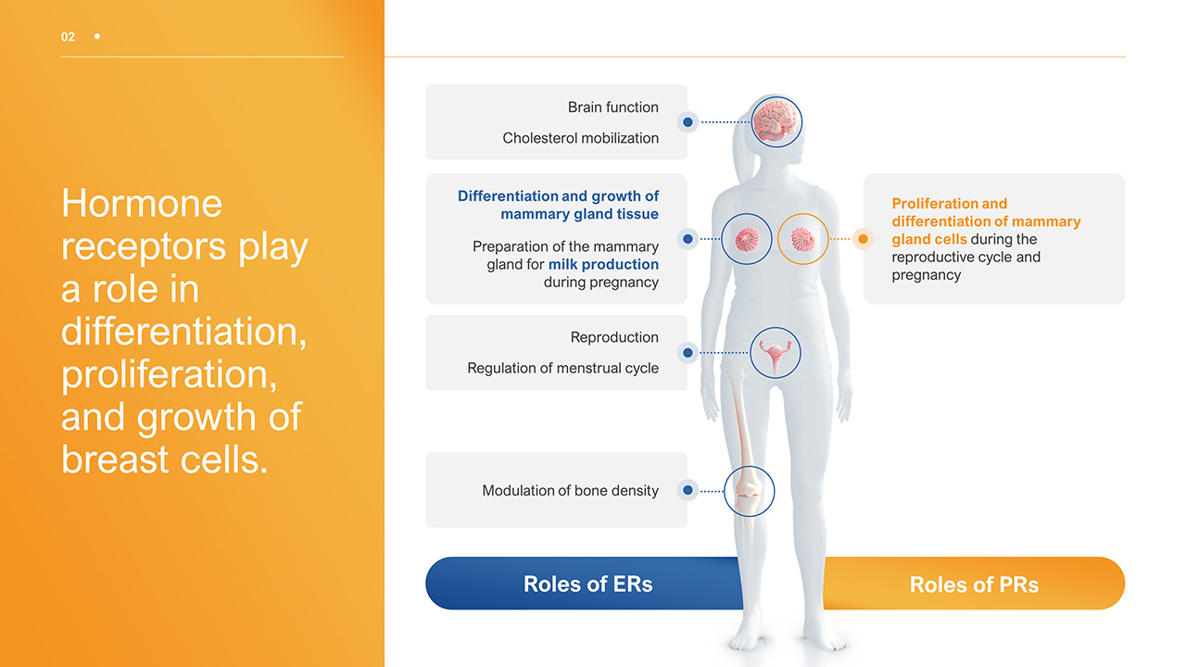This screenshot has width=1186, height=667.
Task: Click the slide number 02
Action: coord(68,37)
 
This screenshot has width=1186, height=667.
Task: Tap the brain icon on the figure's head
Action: coord(776,121)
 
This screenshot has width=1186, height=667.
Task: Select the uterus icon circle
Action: coord(776,353)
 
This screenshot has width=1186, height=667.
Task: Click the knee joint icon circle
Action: coord(749,491)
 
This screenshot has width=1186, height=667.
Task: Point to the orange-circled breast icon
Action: coord(803,239)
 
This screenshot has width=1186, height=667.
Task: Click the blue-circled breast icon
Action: coord(747,239)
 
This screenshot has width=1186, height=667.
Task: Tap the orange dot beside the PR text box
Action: coord(863,239)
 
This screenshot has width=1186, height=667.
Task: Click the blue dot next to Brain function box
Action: coord(688,122)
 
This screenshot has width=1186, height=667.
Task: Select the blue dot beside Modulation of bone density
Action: coord(688,491)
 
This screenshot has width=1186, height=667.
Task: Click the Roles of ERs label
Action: coord(587,584)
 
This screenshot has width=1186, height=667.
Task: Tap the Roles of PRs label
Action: coord(974,585)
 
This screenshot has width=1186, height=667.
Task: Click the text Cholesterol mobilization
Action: coord(581,138)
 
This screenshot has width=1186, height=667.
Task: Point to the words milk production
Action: coord(603,264)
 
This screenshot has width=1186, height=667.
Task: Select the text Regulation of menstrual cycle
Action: coord(562,369)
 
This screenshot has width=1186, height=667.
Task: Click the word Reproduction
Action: coord(614,337)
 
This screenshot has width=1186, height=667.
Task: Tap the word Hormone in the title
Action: coord(142,203)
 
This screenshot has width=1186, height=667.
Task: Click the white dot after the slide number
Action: coord(97,36)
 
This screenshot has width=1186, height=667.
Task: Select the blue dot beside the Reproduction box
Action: coord(688,353)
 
